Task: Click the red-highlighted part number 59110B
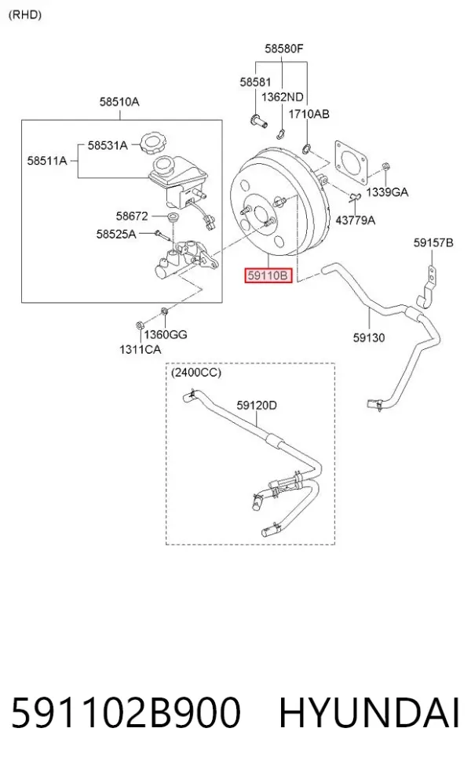[268, 275]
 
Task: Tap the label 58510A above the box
[119, 102]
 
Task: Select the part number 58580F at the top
[284, 49]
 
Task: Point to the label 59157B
[433, 242]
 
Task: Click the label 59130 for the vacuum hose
[368, 337]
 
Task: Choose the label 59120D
[257, 405]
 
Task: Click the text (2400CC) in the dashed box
[196, 373]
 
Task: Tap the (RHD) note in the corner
[25, 15]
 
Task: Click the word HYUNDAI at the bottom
[370, 712]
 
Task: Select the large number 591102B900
[126, 712]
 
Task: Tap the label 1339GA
[387, 192]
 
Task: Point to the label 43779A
[356, 220]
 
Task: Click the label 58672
[132, 216]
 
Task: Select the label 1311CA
[140, 350]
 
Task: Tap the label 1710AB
[309, 115]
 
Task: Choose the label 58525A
[115, 235]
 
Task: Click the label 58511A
[47, 161]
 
